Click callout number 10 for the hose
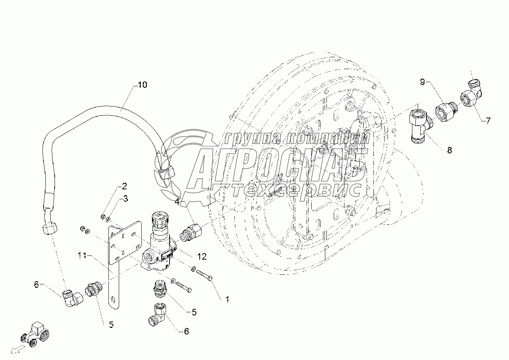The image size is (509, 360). pos(142,85)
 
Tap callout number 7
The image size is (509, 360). pos(488,121)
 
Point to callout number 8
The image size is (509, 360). pos(449,150)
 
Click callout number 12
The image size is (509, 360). pos(202,257)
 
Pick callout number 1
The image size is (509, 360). pos(227,300)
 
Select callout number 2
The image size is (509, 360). pos(124,187)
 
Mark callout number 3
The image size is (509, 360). pos(125,199)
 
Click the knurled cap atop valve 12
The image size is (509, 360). pos(158,219)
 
